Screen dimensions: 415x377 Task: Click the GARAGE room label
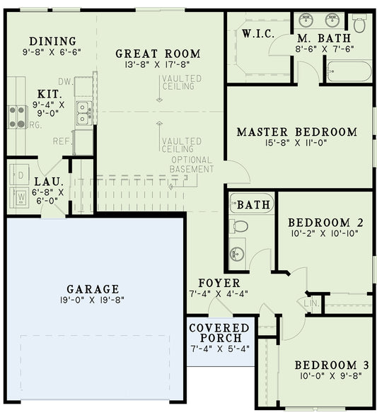click(92, 289)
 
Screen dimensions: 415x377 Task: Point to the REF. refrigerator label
click(62, 141)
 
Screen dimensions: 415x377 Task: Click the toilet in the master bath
click(359, 25)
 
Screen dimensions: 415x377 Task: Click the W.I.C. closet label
click(257, 34)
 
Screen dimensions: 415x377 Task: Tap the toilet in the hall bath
click(240, 226)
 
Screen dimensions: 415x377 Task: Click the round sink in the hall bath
click(237, 252)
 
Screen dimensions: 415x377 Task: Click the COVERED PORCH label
click(219, 333)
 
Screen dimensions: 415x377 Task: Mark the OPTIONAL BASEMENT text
click(192, 165)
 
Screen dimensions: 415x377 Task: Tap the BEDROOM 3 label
click(332, 365)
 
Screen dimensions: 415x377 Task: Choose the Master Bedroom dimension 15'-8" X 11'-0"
click(296, 145)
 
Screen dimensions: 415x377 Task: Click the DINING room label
click(52, 41)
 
